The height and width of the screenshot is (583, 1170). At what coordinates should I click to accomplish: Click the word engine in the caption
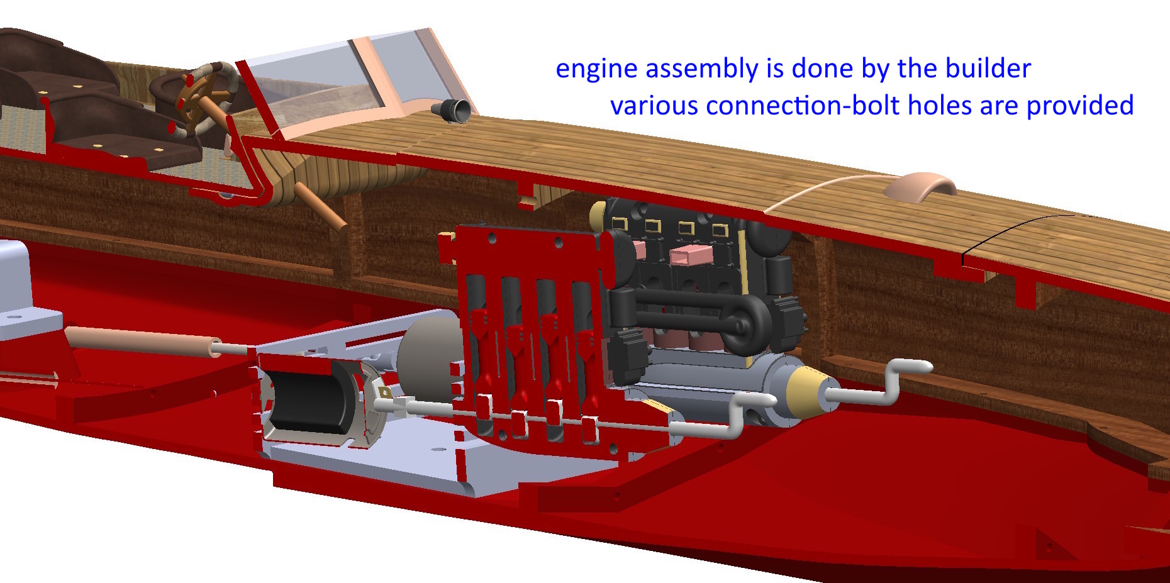pos(597,69)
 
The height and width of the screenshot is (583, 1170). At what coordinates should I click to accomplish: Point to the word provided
pos(1080,106)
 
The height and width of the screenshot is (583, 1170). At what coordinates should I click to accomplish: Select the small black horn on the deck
pos(452,111)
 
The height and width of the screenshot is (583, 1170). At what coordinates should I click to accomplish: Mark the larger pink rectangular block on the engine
pos(689,255)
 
